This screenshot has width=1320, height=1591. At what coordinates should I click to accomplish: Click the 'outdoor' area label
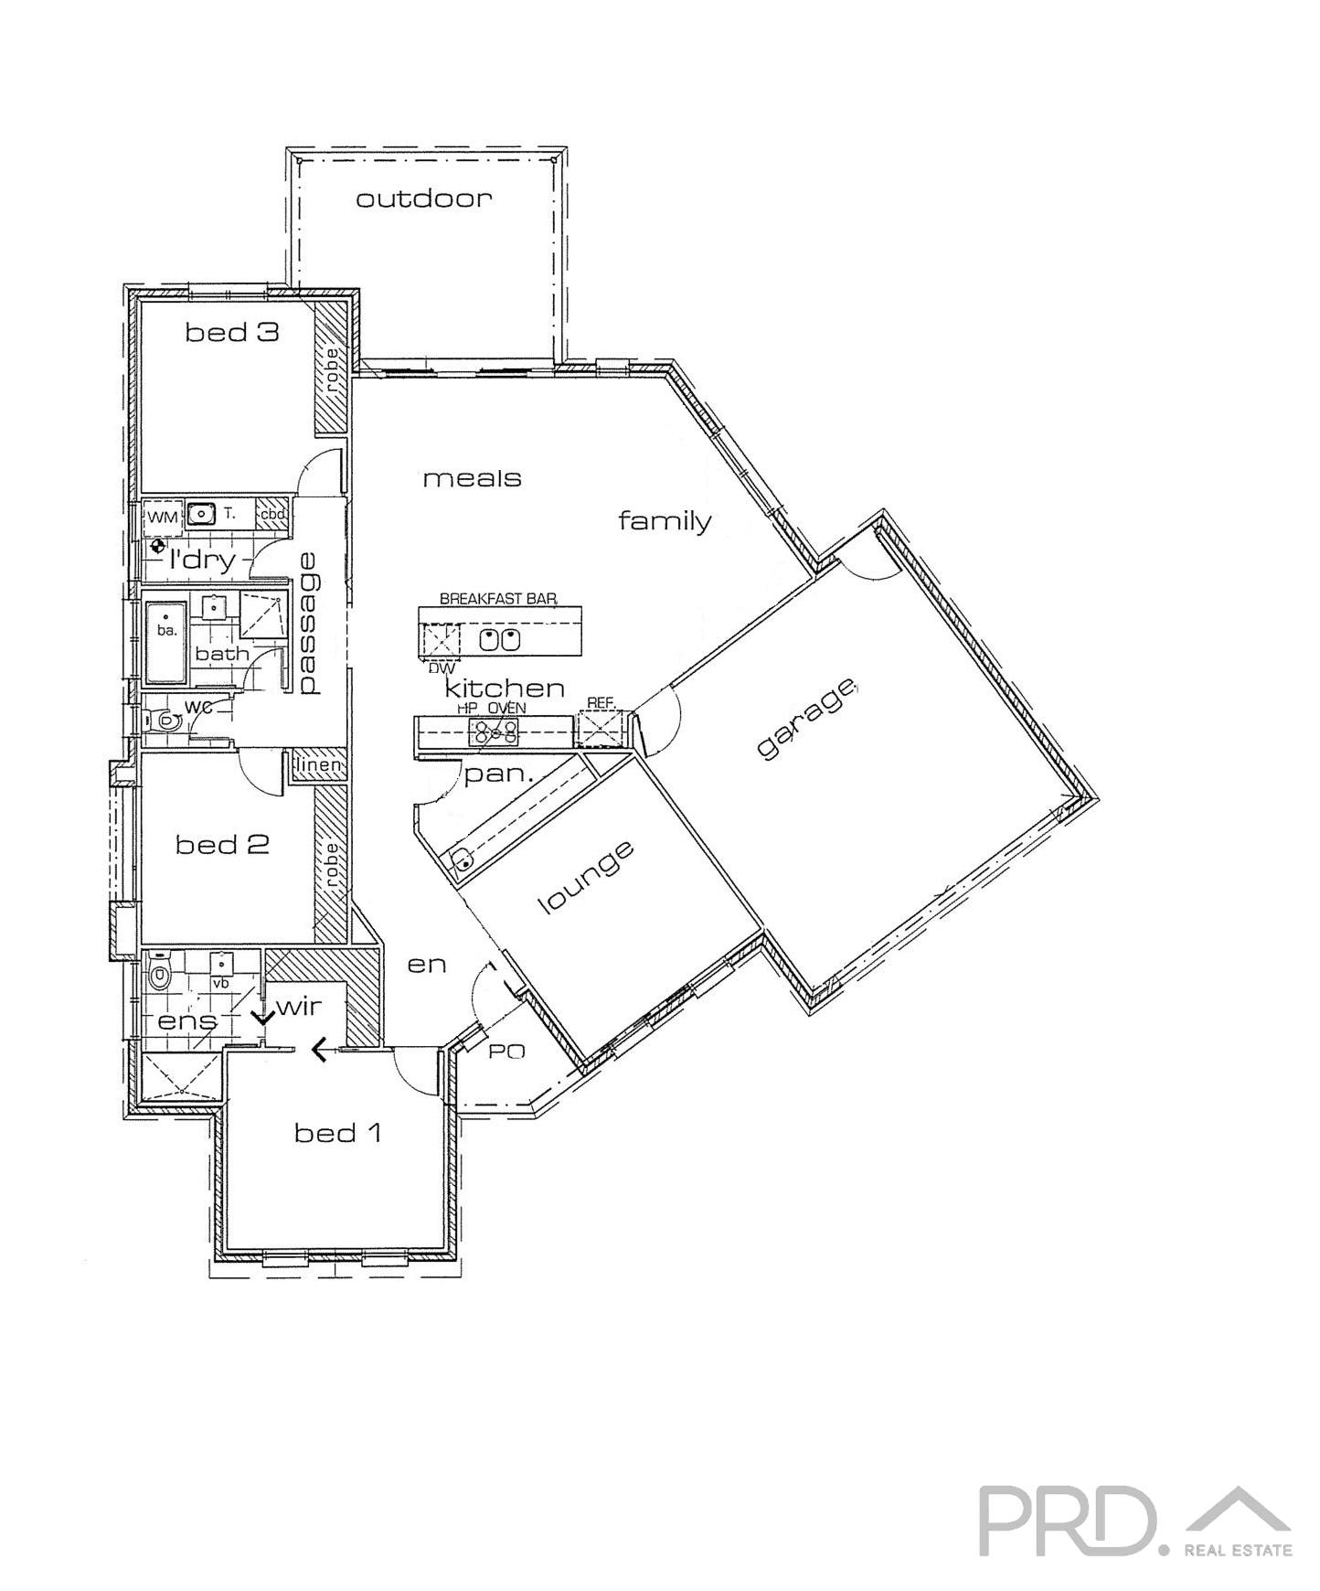423,198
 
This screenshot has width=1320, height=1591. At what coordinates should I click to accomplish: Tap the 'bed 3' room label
231,332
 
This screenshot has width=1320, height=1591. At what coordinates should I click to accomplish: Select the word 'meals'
472,477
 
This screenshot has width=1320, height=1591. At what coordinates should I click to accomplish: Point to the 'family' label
665,521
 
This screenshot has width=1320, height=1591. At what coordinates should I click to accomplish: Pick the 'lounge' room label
587,878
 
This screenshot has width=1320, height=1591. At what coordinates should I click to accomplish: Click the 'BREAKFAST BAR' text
498,599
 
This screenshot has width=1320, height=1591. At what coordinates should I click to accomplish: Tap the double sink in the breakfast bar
499,639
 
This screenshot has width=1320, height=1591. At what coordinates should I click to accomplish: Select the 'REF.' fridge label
600,702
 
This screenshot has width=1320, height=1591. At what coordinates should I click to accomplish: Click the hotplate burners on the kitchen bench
494,731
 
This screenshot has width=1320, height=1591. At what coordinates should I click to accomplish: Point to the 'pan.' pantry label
498,775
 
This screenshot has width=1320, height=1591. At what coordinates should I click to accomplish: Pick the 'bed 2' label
222,844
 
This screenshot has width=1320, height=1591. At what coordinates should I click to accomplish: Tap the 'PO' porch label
506,1052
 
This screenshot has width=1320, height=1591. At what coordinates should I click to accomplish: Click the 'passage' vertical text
308,624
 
